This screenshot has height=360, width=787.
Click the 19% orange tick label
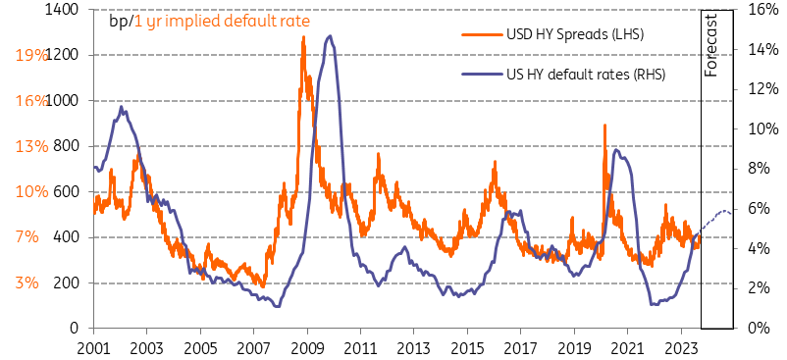(31, 55)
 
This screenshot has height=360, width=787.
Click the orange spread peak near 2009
(302, 38)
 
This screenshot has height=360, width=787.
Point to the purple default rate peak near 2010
(330, 36)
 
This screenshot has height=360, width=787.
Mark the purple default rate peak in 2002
(121, 107)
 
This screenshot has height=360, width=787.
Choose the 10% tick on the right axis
(761, 129)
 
